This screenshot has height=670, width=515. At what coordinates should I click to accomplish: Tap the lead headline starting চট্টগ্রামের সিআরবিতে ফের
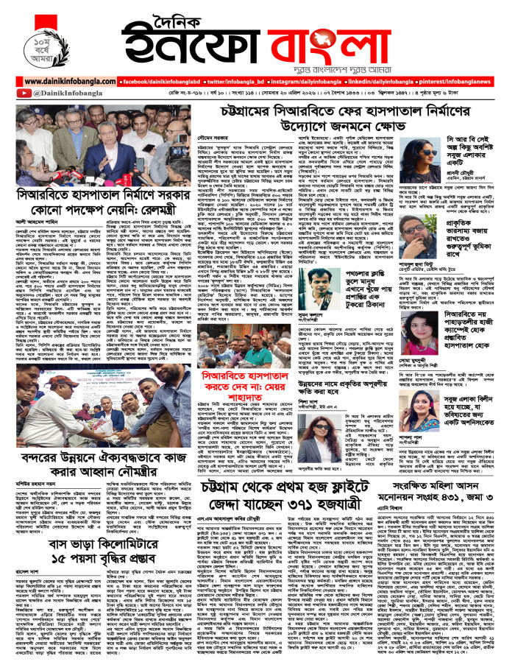(x=323, y=116)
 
